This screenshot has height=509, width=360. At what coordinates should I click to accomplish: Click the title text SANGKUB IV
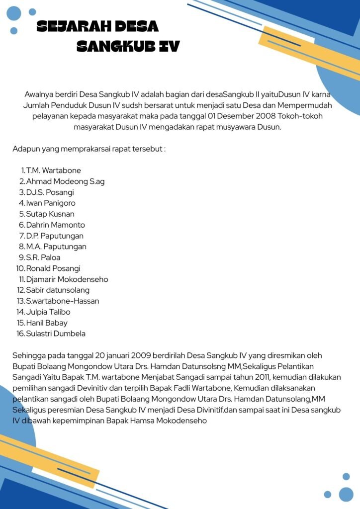pyautogui.click(x=128, y=47)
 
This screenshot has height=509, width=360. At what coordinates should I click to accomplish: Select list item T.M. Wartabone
pyautogui.click(x=54, y=170)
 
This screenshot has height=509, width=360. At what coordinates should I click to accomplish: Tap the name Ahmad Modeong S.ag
pyautogui.click(x=65, y=181)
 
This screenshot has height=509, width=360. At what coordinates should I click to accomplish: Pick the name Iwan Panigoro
pyautogui.click(x=51, y=203)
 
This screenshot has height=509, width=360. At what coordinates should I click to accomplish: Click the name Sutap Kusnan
pyautogui.click(x=50, y=214)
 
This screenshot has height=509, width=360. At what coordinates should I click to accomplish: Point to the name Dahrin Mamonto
pyautogui.click(x=56, y=225)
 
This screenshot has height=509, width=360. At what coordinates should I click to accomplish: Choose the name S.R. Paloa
pyautogui.click(x=43, y=257)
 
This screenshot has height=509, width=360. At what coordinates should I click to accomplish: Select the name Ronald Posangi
pyautogui.click(x=53, y=268)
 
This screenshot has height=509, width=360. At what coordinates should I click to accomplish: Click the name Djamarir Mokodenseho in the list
pyautogui.click(x=67, y=279)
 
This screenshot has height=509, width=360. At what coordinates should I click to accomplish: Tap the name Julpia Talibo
pyautogui.click(x=48, y=312)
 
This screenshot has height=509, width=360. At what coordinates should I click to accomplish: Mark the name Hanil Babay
pyautogui.click(x=47, y=323)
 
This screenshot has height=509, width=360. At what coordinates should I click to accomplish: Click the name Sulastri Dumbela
pyautogui.click(x=56, y=334)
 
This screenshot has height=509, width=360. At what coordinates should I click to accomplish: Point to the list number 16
pyautogui.click(x=20, y=334)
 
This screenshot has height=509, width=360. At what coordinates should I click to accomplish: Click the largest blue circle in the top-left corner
pyautogui.click(x=14, y=13)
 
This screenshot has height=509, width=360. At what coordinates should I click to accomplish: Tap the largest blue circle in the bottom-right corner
pyautogui.click(x=346, y=494)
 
